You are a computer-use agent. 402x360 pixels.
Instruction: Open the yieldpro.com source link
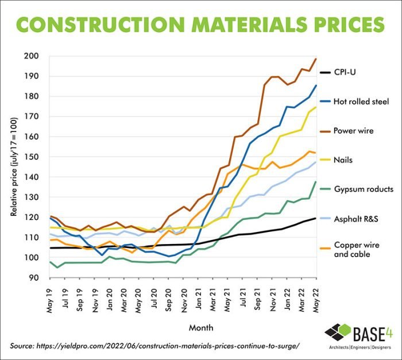click(155, 346)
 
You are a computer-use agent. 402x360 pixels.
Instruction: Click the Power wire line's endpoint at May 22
click(316, 59)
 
